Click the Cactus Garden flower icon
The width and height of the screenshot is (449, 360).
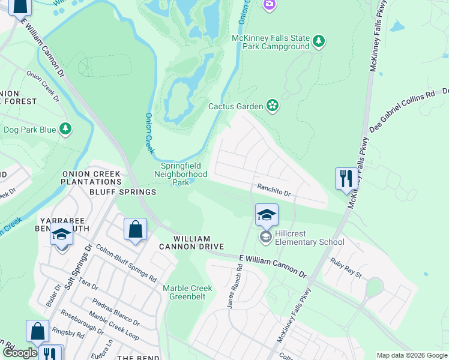(x=273, y=106)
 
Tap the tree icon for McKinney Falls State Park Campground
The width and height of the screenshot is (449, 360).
(x=319, y=41)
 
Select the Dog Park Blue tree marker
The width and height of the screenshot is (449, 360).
(x=65, y=129)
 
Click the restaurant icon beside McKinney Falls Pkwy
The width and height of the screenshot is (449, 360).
(x=345, y=178)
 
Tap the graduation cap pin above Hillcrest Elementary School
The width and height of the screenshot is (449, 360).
(x=267, y=215)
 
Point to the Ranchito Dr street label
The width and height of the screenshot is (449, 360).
(x=274, y=193)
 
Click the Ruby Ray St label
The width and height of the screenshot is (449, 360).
(x=346, y=268)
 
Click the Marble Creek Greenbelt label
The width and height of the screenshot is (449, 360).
(x=188, y=292)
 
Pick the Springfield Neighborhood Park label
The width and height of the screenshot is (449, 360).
(x=184, y=174)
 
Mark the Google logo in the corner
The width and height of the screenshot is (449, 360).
(x=19, y=353)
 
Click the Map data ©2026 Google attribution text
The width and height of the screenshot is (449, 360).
(x=411, y=355)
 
